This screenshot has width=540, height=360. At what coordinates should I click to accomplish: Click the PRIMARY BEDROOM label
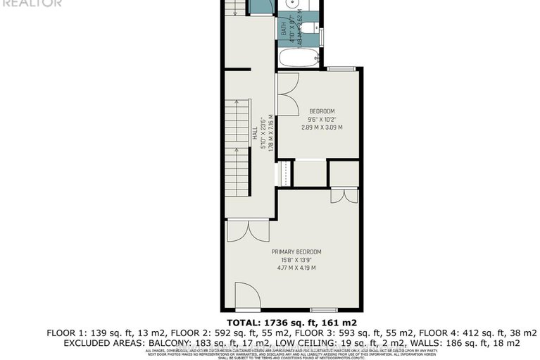point(296,252)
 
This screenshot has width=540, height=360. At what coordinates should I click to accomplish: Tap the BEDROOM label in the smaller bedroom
point(322,111)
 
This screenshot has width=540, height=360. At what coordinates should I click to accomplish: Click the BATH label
point(284,29)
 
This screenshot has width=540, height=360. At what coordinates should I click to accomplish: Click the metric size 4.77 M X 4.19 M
point(296,268)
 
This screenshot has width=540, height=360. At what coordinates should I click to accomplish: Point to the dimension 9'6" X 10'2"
point(322,119)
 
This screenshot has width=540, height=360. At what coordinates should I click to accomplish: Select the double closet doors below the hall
point(247,231)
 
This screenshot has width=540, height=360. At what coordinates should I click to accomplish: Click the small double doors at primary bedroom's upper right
point(344,196)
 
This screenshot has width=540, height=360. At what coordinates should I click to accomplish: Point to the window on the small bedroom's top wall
point(341,68)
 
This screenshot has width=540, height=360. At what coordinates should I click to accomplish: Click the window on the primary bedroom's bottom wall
point(323,310)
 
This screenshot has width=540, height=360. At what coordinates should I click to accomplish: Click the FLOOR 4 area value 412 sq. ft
point(440,332)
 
